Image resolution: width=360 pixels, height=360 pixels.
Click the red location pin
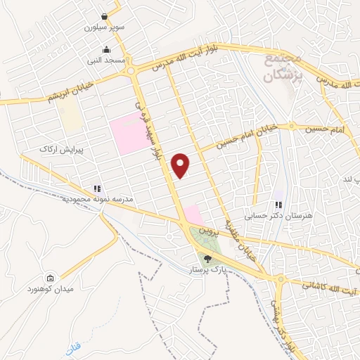pos(181,165)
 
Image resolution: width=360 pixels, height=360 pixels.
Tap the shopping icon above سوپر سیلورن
pos(105,17)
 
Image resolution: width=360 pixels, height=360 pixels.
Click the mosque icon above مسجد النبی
pos(106,50)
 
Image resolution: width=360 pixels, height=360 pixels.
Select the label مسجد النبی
pos(106,61)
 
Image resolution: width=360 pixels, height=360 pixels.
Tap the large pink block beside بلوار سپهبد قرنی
pos(127,132)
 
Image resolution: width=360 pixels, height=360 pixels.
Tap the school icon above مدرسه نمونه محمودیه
pos(97,189)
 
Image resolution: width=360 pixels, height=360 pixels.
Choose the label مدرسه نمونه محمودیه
pos(69,200)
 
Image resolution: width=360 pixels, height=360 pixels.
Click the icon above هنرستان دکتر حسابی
pos(278,205)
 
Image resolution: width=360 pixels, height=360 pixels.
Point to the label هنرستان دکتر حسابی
pos(278,217)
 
